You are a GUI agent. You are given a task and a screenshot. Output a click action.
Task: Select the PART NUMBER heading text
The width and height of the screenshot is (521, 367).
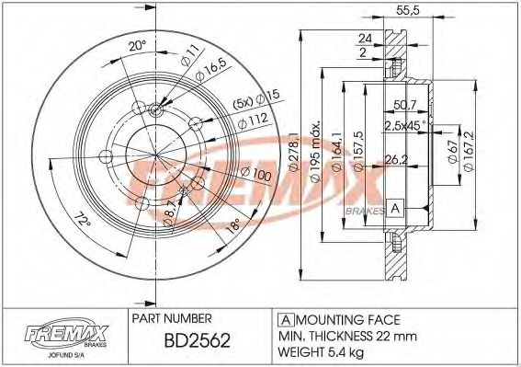coord(175,317)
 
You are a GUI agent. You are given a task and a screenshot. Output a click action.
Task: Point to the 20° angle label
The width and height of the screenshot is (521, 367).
coord(137,44)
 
